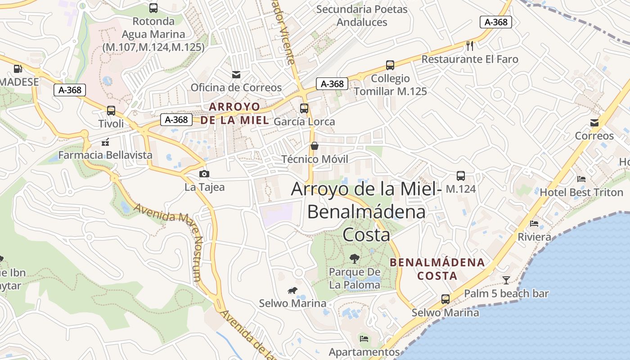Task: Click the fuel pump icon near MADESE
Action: coord(18,69)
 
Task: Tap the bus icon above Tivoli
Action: coord(111,110)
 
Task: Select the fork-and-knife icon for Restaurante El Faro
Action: coord(470,45)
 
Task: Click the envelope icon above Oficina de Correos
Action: coord(236,74)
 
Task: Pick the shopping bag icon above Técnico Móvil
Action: coord(315,146)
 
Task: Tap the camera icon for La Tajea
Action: coord(204,174)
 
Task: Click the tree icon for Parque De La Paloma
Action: coord(355,258)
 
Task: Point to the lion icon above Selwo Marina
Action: coord(292,290)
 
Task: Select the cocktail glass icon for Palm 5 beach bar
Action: coord(506,280)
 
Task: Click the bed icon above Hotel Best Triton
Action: coord(581,179)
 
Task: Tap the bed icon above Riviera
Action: coord(534,223)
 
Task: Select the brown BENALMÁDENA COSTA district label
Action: coord(437,269)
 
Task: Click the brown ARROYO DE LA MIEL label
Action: coord(234,113)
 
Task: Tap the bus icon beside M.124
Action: coord(460,176)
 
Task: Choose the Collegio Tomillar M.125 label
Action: coord(390,85)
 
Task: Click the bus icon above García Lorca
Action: coord(304,108)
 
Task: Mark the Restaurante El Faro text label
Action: coord(470,59)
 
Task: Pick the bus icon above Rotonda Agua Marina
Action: coord(153,8)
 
